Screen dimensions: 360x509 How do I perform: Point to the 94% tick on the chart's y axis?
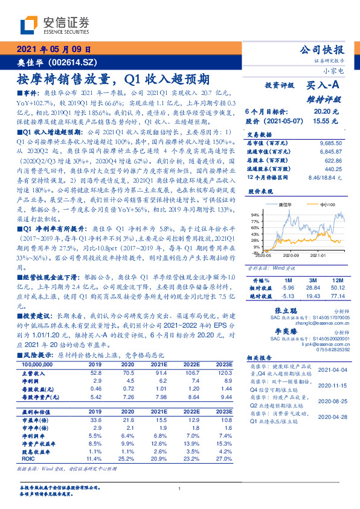[x=255, y=215]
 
